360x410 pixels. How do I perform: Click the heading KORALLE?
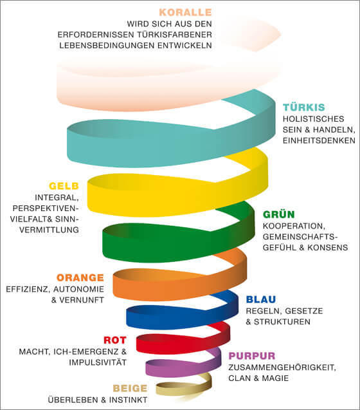click(185, 12)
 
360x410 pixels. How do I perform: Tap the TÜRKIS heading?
click(304, 107)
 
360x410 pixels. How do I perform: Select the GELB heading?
click(64, 186)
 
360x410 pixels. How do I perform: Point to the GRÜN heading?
click(279, 214)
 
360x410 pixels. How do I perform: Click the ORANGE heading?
click(80, 277)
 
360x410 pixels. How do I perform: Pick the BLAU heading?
click(261, 299)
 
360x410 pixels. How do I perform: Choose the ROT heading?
click(115, 340)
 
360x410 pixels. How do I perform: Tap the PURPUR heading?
click(252, 356)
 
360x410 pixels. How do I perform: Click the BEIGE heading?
click(130, 388)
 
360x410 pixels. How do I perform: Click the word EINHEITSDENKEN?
click(319, 141)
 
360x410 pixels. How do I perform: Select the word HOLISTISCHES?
click(313, 119)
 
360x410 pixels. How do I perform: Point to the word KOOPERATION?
click(294, 226)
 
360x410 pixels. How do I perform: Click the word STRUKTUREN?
click(282, 322)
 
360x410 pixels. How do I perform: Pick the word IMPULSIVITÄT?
click(98, 362)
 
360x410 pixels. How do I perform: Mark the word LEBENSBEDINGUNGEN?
click(107, 46)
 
